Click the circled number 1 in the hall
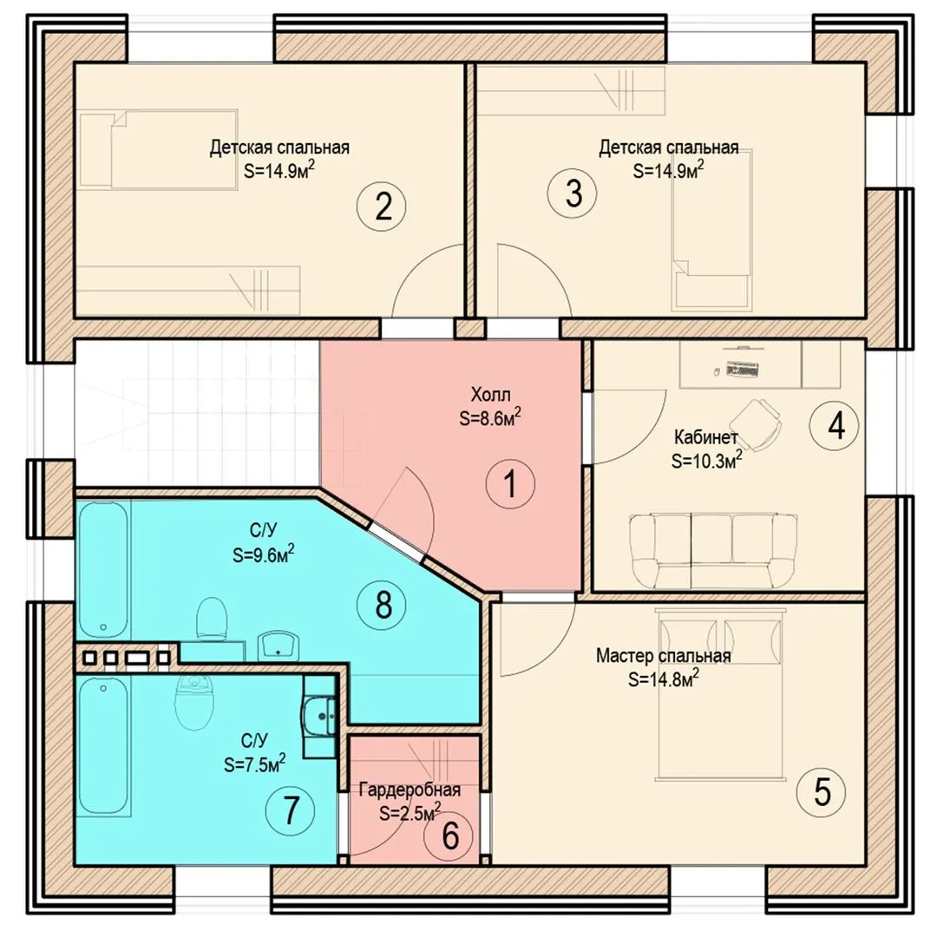pyautogui.click(x=510, y=483)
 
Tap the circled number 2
pyautogui.click(x=381, y=206)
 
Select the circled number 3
pyautogui.click(x=573, y=193)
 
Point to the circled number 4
pyautogui.click(x=835, y=426)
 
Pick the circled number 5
pyautogui.click(x=821, y=792)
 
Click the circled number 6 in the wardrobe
pyautogui.click(x=449, y=835)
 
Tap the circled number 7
pyautogui.click(x=290, y=811)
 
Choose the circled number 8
pyautogui.click(x=381, y=605)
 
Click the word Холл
pyautogui.click(x=490, y=395)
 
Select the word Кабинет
pyautogui.click(x=705, y=437)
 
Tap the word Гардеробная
pyautogui.click(x=410, y=790)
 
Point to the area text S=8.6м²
pyautogui.click(x=490, y=418)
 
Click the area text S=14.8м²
pyautogui.click(x=664, y=678)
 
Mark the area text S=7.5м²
pyautogui.click(x=254, y=763)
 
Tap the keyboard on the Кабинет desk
pyautogui.click(x=742, y=370)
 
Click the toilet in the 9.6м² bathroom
pyautogui.click(x=213, y=618)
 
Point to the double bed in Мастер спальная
pyautogui.click(x=720, y=694)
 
